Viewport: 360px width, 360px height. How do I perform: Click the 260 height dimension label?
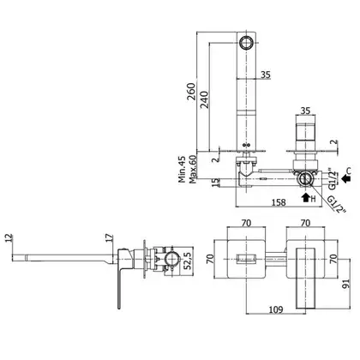pos(191,91)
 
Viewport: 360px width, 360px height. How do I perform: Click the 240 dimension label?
pos(204,99)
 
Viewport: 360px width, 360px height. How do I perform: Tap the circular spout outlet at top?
pos(246,43)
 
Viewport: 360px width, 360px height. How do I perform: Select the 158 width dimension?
pos(279,202)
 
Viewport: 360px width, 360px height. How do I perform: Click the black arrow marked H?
pos(306,197)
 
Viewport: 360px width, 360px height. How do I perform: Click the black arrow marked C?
pos(346,179)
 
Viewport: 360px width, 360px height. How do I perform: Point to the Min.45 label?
pos(182,170)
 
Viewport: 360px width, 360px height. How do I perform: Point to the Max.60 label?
pos(193,170)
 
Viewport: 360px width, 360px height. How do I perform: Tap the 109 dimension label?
pos(276,309)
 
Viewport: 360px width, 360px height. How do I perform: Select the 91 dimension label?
pos(345,285)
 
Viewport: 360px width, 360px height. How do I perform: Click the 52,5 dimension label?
pos(188,261)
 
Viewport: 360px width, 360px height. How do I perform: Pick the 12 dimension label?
pos(9,239)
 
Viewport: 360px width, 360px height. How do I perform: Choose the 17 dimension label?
pos(109,239)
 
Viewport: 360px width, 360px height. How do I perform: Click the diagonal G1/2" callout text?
pos(337,204)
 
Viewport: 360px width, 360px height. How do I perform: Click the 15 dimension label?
pos(216,181)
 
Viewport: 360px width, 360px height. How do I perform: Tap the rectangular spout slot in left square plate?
pos(246,259)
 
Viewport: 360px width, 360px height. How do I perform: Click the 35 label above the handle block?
pos(305,111)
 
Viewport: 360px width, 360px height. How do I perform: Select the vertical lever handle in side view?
pos(119,289)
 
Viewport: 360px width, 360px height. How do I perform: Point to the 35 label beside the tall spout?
pos(266,75)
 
